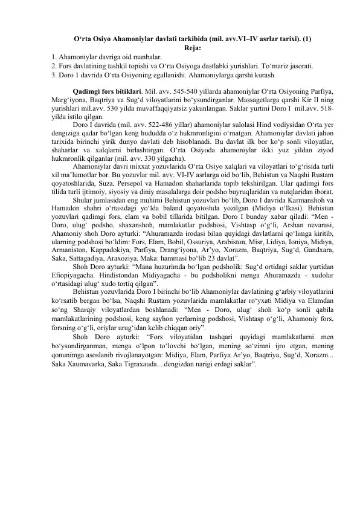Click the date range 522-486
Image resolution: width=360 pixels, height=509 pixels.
pyautogui.click(x=149, y=125)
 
